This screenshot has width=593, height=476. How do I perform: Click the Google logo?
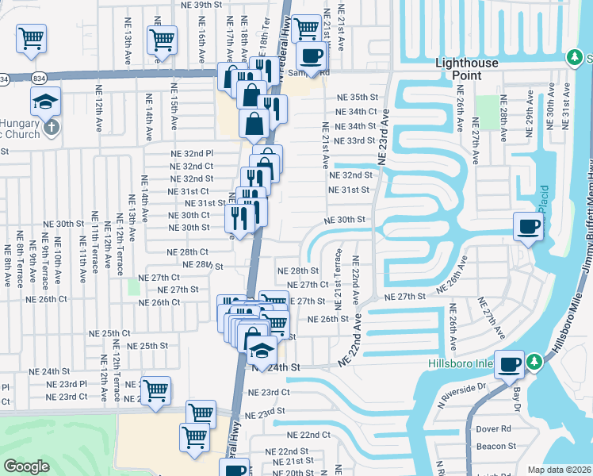26,466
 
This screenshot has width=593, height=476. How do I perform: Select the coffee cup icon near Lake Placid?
528,227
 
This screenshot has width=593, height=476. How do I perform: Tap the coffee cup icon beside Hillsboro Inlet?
509,365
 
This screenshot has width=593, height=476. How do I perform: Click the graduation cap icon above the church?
45,101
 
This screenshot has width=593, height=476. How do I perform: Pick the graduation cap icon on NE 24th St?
261,349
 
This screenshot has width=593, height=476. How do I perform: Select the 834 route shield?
38,79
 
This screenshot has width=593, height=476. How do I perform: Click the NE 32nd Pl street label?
193,153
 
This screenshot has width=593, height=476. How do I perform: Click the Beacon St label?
497,447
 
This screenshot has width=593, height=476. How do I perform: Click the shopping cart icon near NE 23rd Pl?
155,390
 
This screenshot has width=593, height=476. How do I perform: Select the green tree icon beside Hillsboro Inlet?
535,362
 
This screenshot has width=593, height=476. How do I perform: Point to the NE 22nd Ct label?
309,435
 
